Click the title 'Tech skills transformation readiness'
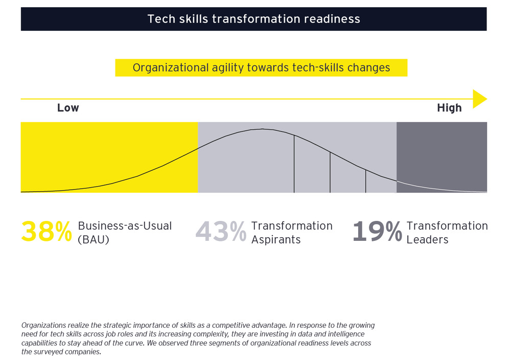coord(253,19)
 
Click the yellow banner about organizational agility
coord(261,67)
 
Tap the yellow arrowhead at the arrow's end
coord(479,99)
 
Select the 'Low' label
coord(68,108)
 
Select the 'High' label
coord(449,108)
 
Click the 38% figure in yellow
coord(47,232)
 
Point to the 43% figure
coord(221,232)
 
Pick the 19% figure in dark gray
coord(377,232)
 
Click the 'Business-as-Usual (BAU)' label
coord(125,233)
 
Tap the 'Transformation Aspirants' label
coord(292,233)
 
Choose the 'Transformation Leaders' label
coord(447,233)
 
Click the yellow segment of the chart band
coord(109,157)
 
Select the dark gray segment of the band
coord(442,157)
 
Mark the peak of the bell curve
coord(262,129)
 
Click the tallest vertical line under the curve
coord(294,164)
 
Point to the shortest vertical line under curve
coord(365,181)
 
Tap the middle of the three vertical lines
coord(330,172)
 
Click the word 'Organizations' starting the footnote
coord(44,325)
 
